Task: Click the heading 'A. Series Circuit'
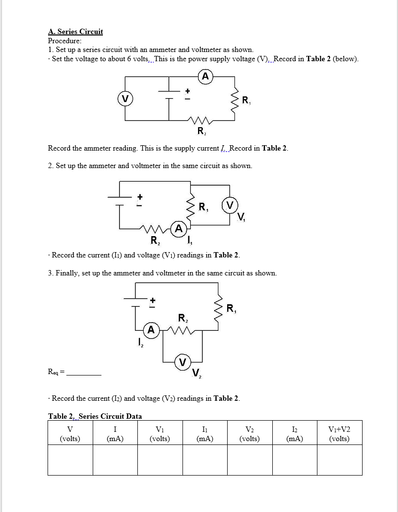[75, 32]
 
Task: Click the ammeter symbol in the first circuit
[205, 76]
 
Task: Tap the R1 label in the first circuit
[247, 101]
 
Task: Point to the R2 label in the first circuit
[201, 131]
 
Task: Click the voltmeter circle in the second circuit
[230, 205]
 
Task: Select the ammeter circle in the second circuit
[179, 228]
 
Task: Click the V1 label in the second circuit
[242, 217]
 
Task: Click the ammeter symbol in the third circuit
[151, 330]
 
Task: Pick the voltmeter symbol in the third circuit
[182, 362]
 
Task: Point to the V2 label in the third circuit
[197, 373]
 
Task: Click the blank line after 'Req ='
[84, 374]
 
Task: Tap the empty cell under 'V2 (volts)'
[249, 460]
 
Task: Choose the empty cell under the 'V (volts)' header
[70, 460]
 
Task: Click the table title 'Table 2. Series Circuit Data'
[95, 416]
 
